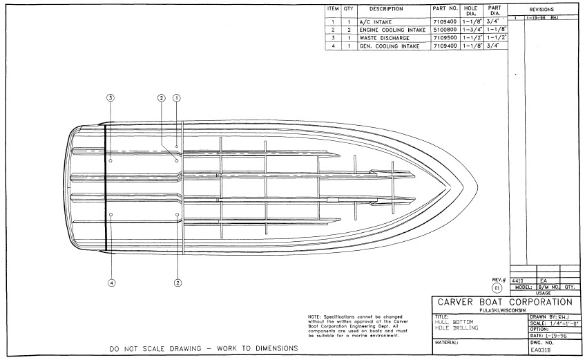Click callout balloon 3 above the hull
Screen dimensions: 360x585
coord(111,97)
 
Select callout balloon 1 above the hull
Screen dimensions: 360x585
coord(177,97)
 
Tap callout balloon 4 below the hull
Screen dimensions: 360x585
coord(111,282)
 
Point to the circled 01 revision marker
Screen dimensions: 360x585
coord(495,288)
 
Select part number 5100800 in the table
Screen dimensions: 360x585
coord(445,30)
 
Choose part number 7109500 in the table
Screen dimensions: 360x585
coord(445,38)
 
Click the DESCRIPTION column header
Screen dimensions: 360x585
coord(391,10)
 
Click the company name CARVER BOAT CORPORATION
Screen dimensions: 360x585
coord(505,302)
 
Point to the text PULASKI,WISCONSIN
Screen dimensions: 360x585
coord(506,310)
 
